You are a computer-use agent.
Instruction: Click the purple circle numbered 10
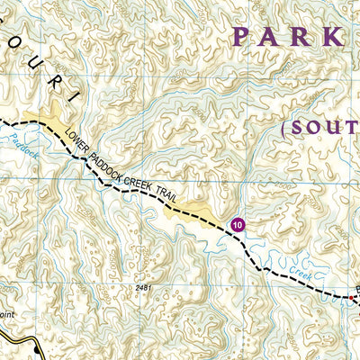point(237,223)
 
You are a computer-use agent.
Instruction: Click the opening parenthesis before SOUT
point(284,129)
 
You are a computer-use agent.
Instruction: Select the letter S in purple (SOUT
point(299,129)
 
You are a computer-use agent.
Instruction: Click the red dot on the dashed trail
point(352,296)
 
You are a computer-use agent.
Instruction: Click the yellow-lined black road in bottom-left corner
point(18,346)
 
